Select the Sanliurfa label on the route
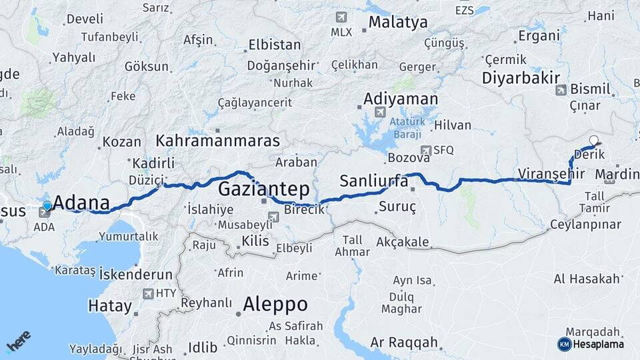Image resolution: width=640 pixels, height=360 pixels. point(373,181)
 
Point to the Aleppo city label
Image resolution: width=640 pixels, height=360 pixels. point(275,305)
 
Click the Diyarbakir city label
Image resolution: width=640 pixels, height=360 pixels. point(521,78)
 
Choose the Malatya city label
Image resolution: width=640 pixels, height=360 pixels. point(397,23)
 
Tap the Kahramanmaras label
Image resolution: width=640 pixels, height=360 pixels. point(217,141)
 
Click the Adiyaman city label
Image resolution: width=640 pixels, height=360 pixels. point(401,99)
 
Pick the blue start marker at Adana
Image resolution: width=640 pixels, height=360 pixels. point(47,206)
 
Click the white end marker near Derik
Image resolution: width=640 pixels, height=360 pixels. point(593,141)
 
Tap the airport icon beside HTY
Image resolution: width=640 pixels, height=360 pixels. point(148,293)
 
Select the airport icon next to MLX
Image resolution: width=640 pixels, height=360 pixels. point(342,17)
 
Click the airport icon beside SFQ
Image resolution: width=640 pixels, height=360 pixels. point(426,151)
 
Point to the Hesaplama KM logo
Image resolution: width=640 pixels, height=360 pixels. point(591,344)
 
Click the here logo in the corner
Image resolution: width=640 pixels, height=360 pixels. point(18,341)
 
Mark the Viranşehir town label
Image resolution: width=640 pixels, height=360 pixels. point(551,173)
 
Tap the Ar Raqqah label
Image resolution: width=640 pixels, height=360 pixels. point(404,343)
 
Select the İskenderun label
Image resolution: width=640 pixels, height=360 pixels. point(135,275)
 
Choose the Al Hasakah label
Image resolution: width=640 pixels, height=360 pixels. point(587,279)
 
